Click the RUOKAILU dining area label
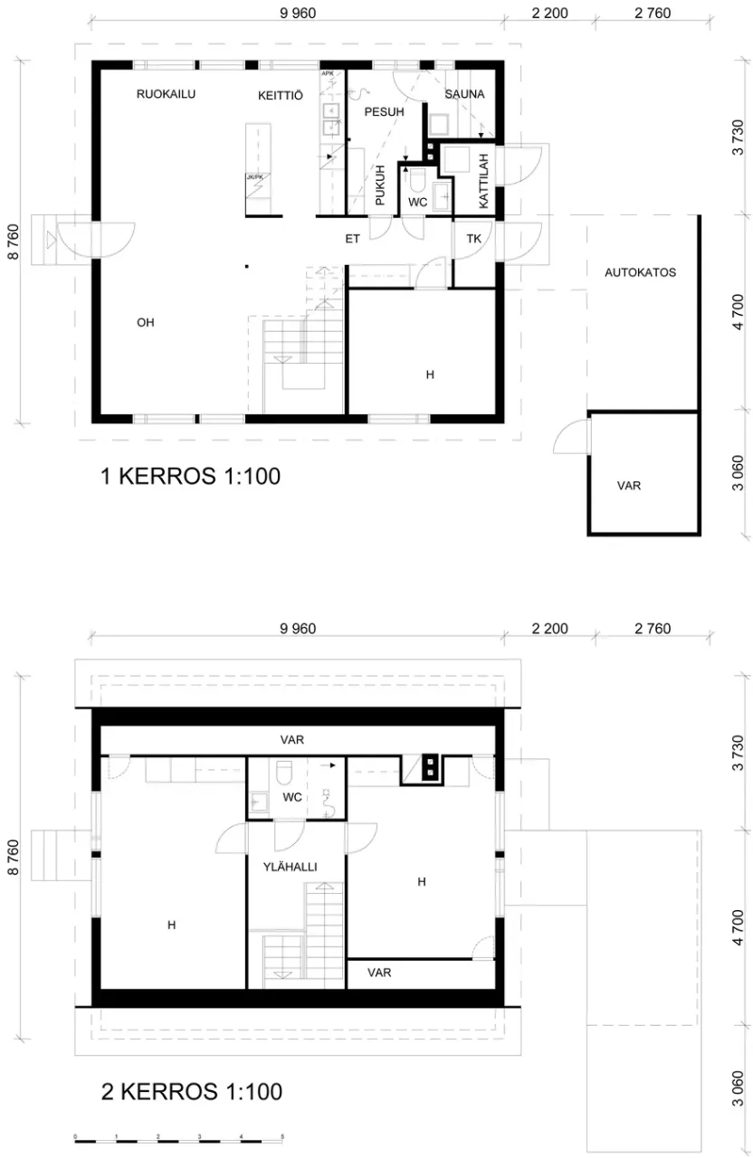166,94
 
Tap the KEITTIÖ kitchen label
280,95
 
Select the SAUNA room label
464,94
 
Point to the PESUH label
384,111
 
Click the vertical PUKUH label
380,185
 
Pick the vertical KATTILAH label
483,182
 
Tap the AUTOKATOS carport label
642,272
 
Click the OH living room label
145,322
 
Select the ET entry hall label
353,240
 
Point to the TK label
473,239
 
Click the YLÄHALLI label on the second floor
290,867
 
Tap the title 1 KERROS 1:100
191,477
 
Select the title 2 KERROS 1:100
191,1091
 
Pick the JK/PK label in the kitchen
254,177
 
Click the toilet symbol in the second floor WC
283,772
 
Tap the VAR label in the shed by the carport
629,486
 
